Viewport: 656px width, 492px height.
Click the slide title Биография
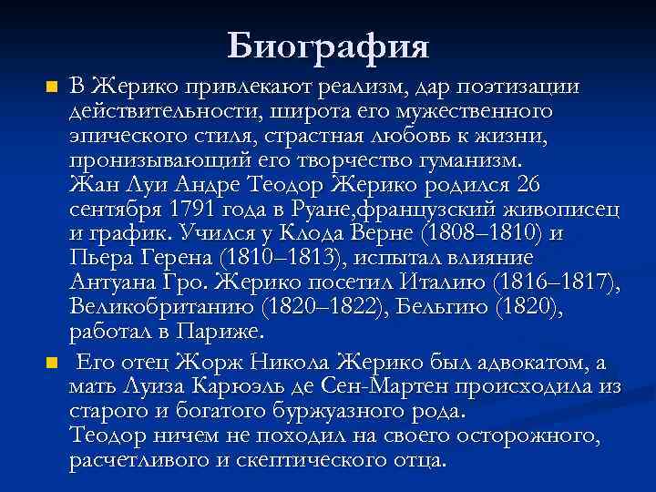pyautogui.click(x=328, y=44)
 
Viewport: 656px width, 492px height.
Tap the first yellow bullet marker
pyautogui.click(x=52, y=88)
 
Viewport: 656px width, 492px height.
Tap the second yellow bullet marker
pyautogui.click(x=52, y=364)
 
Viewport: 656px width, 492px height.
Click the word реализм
pyautogui.click(x=364, y=87)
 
